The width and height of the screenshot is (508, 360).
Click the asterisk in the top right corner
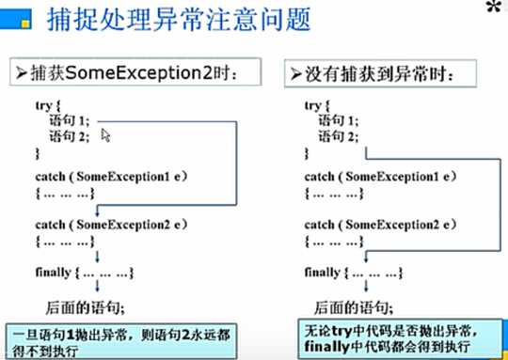[x=493, y=10]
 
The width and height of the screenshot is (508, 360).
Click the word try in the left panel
[x=42, y=107]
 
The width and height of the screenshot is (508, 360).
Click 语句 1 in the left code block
[x=69, y=120]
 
